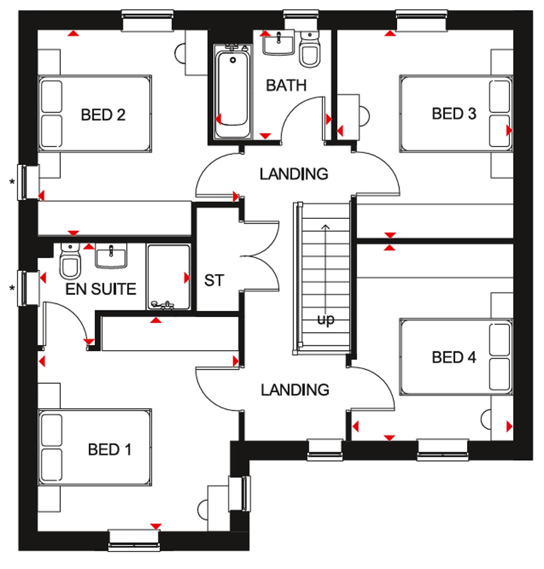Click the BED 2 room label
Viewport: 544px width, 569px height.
103,115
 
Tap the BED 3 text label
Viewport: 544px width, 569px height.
454,114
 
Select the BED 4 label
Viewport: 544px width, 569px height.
454,358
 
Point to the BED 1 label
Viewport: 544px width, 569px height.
109,449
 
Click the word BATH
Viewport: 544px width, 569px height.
286,86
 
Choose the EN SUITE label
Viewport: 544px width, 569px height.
101,289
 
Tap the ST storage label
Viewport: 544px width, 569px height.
214,280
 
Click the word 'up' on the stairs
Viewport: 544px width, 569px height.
326,320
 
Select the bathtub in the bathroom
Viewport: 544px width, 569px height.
233,91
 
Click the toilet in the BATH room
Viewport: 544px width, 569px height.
310,49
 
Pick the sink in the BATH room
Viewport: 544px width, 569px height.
278,43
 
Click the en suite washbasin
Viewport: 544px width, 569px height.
111,256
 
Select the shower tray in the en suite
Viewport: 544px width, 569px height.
169,277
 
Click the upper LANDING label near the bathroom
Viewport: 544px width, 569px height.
294,174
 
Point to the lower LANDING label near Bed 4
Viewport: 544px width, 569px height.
295,390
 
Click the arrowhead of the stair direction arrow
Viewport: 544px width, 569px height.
326,227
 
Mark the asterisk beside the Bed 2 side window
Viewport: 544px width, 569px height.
12,182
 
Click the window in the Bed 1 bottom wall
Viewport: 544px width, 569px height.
134,541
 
